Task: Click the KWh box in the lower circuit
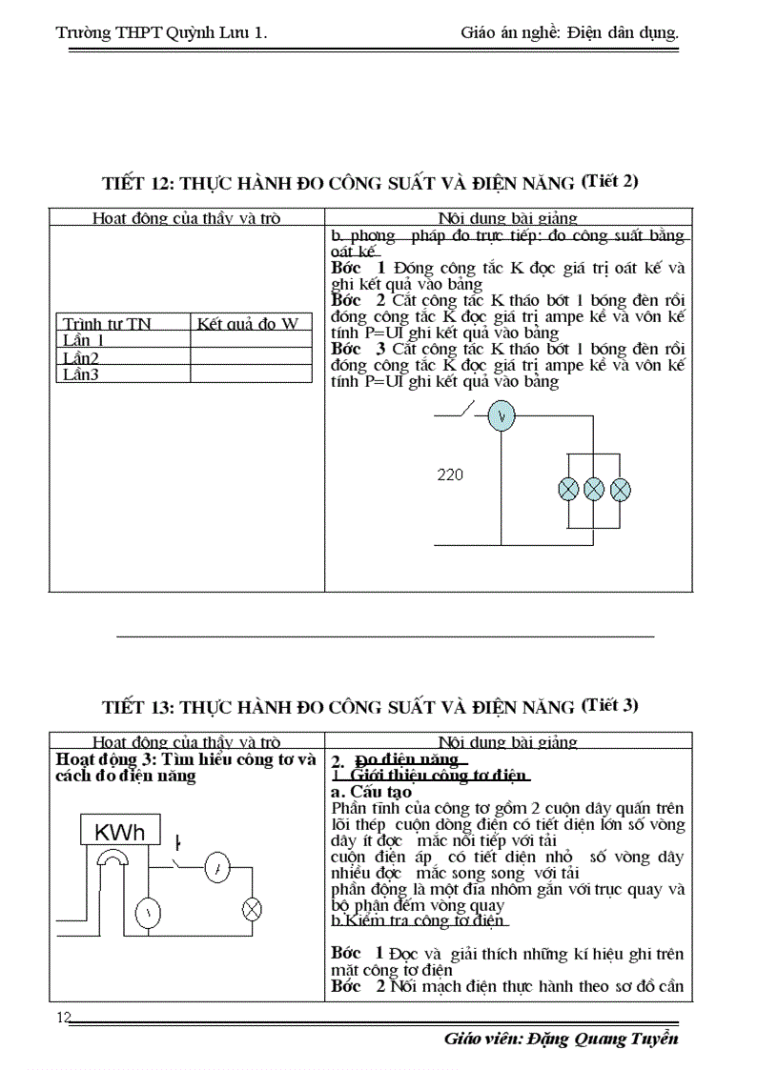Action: (119, 833)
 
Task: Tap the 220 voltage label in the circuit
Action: (450, 474)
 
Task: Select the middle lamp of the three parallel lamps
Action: (594, 489)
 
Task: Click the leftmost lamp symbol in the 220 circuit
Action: (568, 489)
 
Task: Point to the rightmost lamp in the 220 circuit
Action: (620, 489)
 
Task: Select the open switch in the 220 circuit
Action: (464, 412)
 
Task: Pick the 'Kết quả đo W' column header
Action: (248, 324)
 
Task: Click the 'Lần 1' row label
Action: (84, 340)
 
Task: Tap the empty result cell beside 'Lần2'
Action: (251, 357)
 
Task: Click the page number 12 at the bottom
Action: (65, 1018)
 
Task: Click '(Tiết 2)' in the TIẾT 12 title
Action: (609, 180)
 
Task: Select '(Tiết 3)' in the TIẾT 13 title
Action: (609, 705)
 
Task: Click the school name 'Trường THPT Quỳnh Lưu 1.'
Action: (161, 33)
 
